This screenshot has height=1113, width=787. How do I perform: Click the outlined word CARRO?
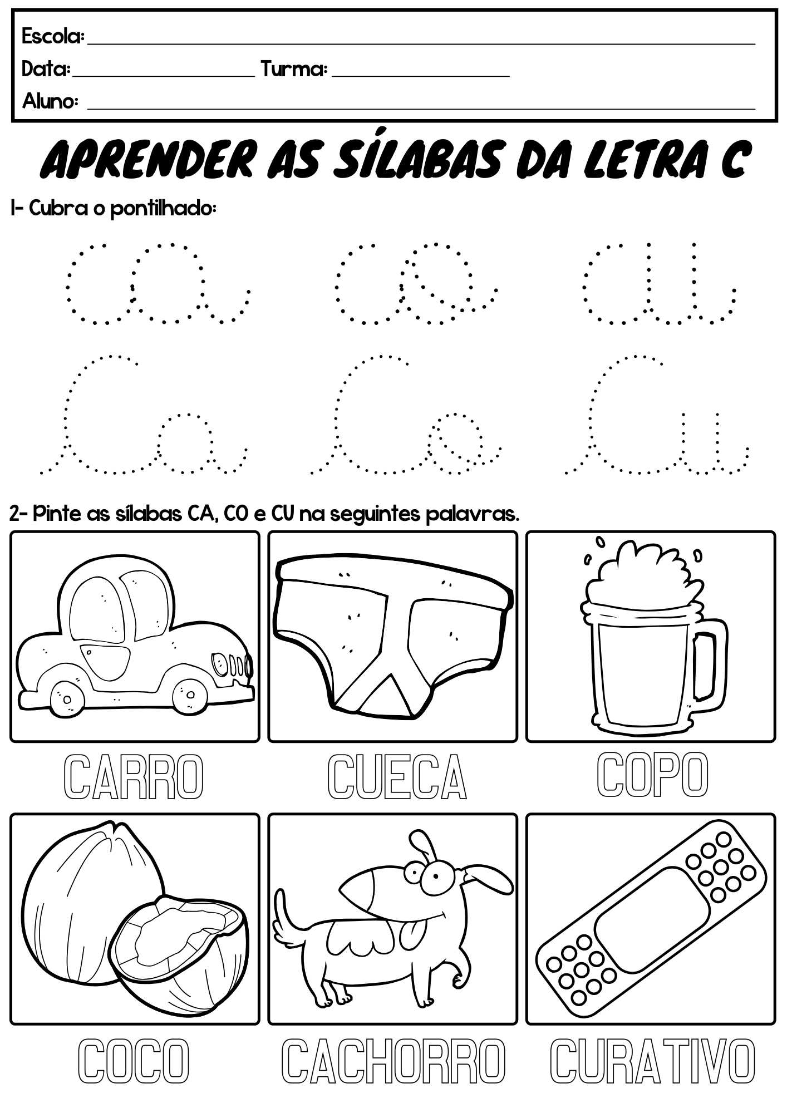point(134,777)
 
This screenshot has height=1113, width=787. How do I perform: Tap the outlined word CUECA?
point(397,777)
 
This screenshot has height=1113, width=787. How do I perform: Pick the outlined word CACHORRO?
point(393,1061)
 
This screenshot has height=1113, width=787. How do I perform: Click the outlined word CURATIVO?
point(652,1061)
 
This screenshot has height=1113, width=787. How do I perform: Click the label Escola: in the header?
point(53,37)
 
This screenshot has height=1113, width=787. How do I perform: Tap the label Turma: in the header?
point(294,69)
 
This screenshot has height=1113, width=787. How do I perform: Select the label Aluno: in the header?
point(50,101)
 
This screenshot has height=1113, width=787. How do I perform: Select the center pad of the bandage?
point(651,919)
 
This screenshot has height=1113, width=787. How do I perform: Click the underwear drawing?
point(392,634)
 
